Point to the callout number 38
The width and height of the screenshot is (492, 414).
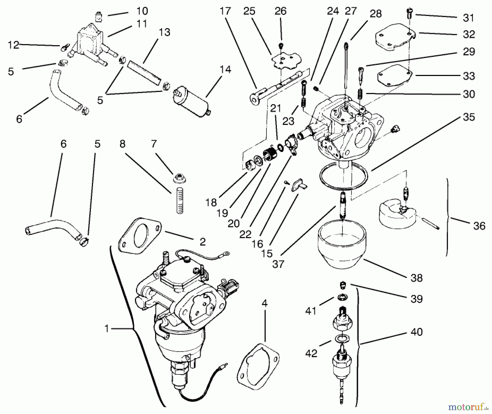point(416,278)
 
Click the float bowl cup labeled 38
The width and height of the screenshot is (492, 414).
point(342,246)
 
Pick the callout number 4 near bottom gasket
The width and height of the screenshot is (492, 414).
point(264,304)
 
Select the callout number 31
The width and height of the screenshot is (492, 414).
point(468,18)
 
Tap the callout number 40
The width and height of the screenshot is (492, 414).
point(416,332)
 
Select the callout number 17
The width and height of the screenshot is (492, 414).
point(225,11)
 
